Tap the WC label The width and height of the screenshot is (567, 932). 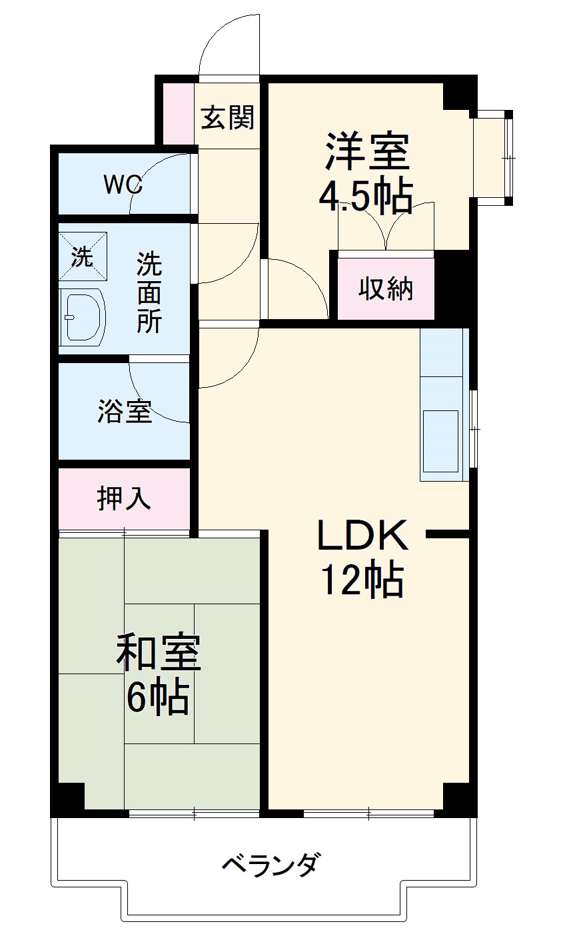coord(123,184)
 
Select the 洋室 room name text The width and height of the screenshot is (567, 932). coord(366,152)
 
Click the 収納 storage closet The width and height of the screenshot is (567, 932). coord(386,289)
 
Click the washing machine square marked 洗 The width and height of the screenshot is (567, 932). coord(83,256)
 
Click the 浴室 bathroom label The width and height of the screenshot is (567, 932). coord(125,411)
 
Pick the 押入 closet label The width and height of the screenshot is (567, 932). coord(125,498)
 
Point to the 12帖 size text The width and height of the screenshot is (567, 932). coord(363,580)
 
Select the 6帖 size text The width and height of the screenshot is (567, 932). coord(158,697)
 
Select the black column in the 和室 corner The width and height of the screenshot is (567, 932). coord(69,799)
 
